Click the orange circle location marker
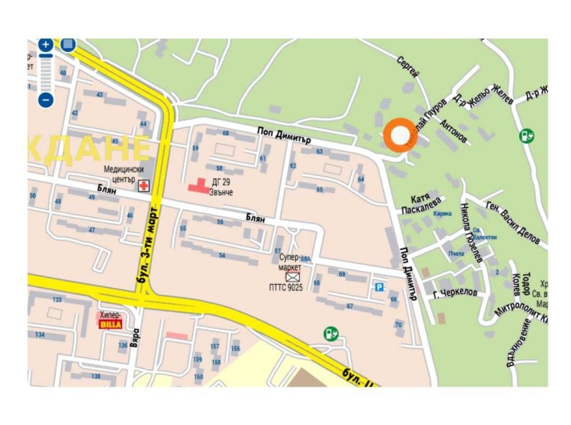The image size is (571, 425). click(x=399, y=136)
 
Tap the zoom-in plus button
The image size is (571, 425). click(x=46, y=45)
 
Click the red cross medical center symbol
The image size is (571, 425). click(x=143, y=185)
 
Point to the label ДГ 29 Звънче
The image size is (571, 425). click(x=222, y=187)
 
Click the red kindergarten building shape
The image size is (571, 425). click(x=198, y=185)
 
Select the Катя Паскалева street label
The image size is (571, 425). click(x=421, y=203)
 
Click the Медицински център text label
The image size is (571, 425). click(x=124, y=175)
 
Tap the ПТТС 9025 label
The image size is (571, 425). click(x=286, y=287)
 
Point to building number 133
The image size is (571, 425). click(x=57, y=300)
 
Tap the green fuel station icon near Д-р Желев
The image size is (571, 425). click(x=527, y=136)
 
